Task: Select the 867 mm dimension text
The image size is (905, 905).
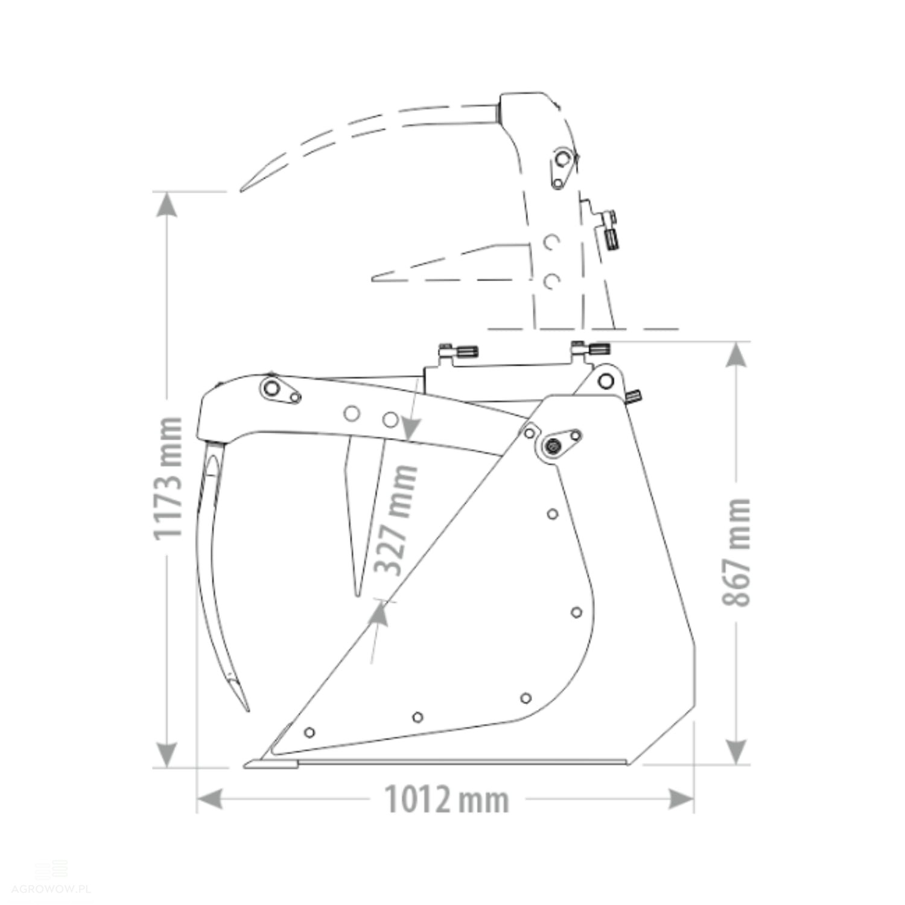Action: (x=737, y=552)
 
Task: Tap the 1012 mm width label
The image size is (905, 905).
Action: (x=447, y=799)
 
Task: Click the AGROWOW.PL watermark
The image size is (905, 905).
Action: (x=51, y=889)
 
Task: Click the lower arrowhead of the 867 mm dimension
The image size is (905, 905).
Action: (x=736, y=751)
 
